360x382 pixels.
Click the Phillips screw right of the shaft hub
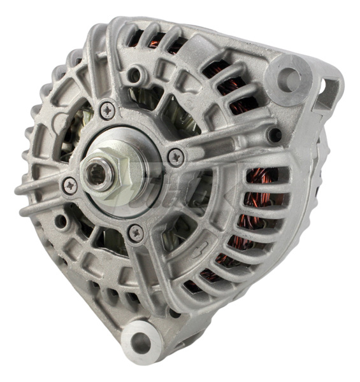[175, 156]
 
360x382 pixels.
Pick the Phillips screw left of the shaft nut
[69, 185]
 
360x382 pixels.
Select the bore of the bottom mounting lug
[141, 343]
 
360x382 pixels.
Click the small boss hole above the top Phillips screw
[134, 75]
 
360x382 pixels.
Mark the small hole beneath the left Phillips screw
[61, 222]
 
